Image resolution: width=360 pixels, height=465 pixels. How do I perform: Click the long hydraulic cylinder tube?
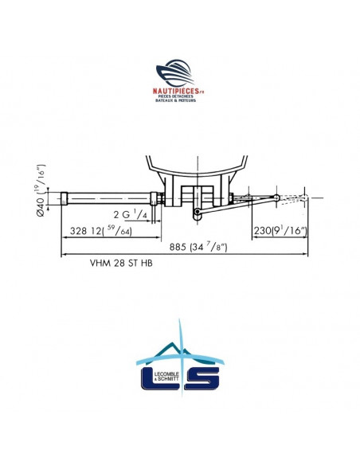coord(108,197)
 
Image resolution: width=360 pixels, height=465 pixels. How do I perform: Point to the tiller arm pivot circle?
coord(195,211)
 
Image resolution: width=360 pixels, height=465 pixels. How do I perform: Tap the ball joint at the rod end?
coord(276,197)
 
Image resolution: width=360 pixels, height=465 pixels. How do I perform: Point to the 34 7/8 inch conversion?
coord(209,247)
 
